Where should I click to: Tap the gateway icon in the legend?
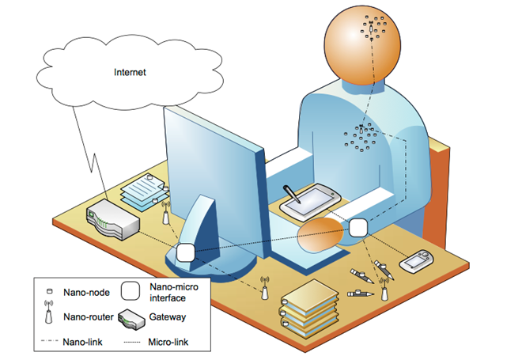click(x=134, y=320)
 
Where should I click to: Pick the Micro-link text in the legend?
click(x=170, y=343)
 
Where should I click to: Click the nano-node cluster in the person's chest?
click(x=361, y=138)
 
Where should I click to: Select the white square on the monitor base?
click(x=186, y=254)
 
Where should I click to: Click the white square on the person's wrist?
click(x=357, y=227)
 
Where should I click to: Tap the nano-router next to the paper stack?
click(x=165, y=213)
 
